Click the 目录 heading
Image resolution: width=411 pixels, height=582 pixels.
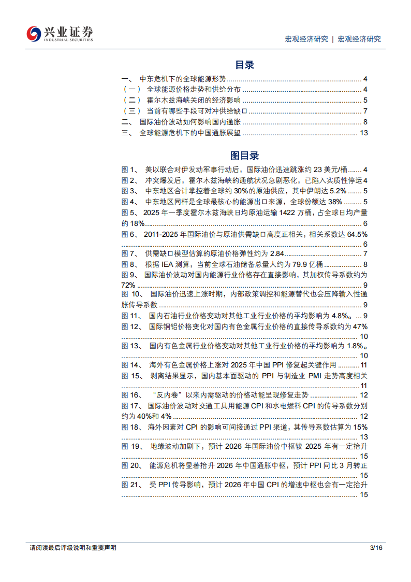pyautogui.click(x=244, y=65)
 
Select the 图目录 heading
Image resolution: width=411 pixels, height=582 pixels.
pyautogui.click(x=244, y=155)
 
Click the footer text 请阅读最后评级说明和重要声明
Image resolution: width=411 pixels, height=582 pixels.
pyautogui.click(x=73, y=547)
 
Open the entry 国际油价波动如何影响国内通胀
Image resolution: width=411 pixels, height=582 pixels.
pyautogui.click(x=190, y=122)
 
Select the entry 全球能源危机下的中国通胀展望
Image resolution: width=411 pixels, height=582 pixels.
pyautogui.click(x=190, y=133)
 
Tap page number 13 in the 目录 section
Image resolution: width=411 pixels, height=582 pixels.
pyautogui.click(x=363, y=133)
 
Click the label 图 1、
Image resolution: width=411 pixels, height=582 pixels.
pyautogui.click(x=129, y=169)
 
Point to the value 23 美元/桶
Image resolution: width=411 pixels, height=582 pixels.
pyautogui.click(x=331, y=169)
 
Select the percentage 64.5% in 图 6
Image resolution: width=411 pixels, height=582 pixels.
pyautogui.click(x=357, y=234)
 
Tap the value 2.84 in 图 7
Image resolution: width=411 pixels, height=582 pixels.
pyautogui.click(x=276, y=253)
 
